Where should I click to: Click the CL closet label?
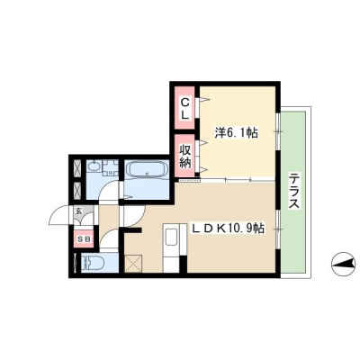point(185,109)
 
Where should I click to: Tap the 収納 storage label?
point(185,156)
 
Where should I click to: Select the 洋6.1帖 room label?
point(237,132)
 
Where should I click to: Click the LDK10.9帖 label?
point(228,229)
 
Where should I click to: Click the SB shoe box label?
point(84,239)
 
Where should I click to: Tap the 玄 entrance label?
point(78,211)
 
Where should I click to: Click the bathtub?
point(147,170)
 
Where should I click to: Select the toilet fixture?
point(92,263)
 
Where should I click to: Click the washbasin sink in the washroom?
point(94,166)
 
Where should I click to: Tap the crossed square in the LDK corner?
point(134,264)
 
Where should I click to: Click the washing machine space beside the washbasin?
point(111,167)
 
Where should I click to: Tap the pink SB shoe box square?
point(84,239)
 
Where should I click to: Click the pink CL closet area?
point(185,107)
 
